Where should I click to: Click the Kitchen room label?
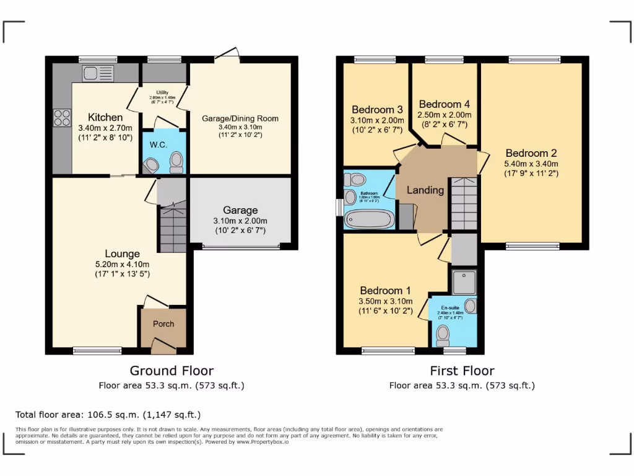coord(105,117)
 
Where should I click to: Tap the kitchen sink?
coord(95,73)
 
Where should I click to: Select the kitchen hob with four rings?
coord(62,117)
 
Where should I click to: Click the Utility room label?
coord(162,93)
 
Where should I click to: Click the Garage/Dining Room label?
coord(240,118)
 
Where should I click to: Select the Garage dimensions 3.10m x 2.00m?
coord(240,221)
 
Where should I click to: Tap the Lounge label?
coord(122,253)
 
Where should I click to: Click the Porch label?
coord(163,324)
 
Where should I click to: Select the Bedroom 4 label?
coord(440,104)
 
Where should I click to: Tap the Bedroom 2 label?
coord(531,153)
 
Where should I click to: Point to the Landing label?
coord(425,190)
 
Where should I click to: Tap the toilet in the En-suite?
coord(443,335)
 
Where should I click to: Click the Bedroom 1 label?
coord(386,291)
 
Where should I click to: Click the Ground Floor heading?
coord(172,371)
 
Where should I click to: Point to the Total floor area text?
coord(108,415)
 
